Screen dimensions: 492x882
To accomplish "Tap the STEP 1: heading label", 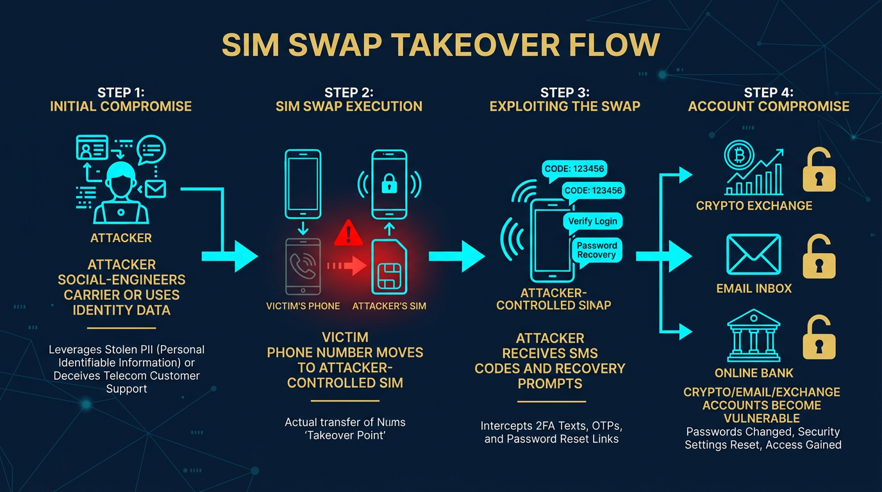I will point(121,93).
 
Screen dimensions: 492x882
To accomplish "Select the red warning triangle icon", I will point(349,233).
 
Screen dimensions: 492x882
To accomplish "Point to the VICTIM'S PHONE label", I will point(303,306).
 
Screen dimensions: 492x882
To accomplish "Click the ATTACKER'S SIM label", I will point(389,306).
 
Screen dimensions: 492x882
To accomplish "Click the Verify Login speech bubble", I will point(592,221).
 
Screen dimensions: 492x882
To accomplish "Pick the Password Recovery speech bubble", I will point(597,250).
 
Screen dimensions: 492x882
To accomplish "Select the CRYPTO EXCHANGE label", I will point(754,206).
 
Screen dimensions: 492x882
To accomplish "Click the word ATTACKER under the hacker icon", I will point(121,238).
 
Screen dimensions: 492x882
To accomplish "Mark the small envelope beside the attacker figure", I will point(155,188).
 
